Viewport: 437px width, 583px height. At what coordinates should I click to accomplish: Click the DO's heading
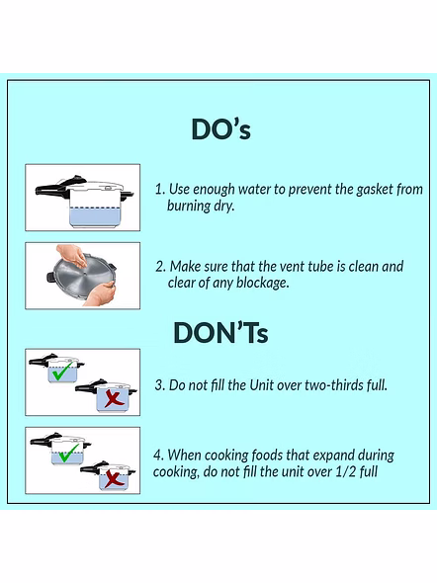[x=220, y=129]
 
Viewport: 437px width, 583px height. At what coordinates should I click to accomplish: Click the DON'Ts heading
[x=220, y=332]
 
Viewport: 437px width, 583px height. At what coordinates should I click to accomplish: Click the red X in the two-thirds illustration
[x=114, y=398]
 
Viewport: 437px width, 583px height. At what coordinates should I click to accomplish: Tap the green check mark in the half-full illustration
[x=69, y=453]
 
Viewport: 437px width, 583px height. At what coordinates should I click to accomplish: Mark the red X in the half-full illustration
[x=114, y=478]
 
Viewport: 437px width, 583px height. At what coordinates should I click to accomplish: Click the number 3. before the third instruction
[x=160, y=385]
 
